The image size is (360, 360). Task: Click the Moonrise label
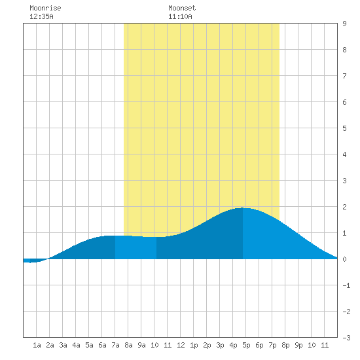click(x=45, y=8)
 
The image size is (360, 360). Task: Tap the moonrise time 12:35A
click(x=41, y=16)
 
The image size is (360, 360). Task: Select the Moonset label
click(x=182, y=8)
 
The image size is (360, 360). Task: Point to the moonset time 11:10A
click(x=180, y=16)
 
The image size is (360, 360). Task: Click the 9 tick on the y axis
click(x=344, y=24)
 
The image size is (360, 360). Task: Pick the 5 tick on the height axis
click(x=344, y=128)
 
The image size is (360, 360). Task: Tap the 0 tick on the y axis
click(x=344, y=259)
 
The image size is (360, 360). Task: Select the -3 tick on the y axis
click(x=346, y=338)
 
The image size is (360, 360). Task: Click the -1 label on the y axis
click(x=346, y=285)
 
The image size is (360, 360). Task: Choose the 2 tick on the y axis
click(x=344, y=207)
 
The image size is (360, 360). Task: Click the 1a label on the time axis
click(x=37, y=345)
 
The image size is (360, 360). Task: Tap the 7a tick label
click(x=115, y=345)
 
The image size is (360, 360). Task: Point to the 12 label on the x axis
click(x=181, y=345)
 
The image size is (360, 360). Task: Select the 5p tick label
click(x=246, y=345)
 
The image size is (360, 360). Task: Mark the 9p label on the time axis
click(x=298, y=345)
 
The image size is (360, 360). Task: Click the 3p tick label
click(x=220, y=345)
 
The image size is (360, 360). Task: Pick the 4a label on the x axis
click(x=76, y=345)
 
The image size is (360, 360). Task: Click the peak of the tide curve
click(x=242, y=207)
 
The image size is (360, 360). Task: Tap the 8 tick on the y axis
click(x=344, y=50)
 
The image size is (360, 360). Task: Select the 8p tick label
click(x=285, y=345)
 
